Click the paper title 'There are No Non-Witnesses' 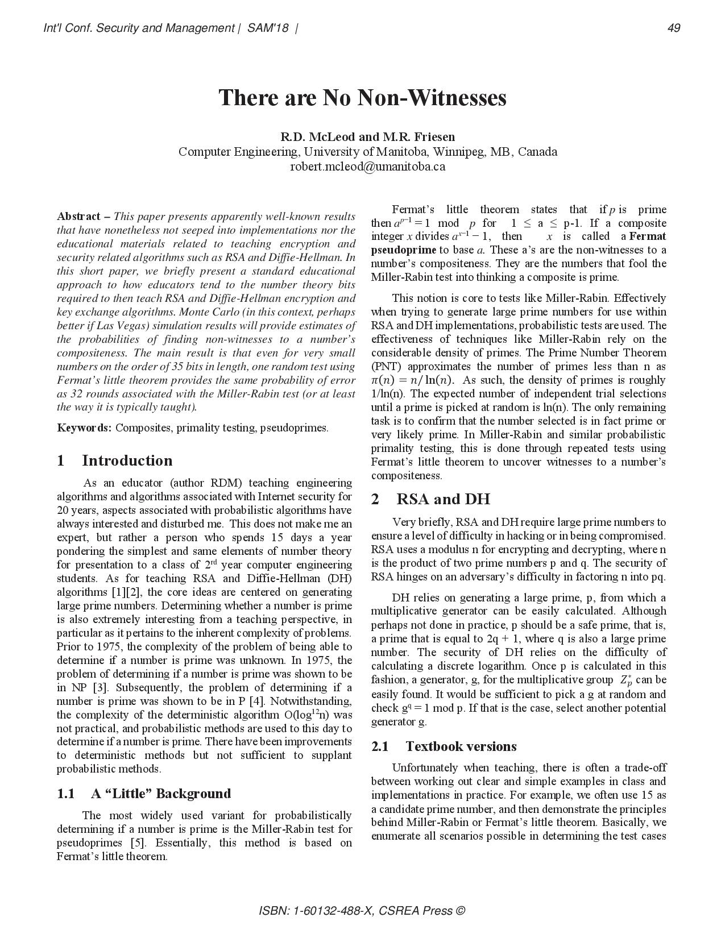(x=362, y=98)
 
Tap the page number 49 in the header (x=674, y=28)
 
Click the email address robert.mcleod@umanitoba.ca (x=367, y=167)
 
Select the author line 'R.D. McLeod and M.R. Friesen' (x=367, y=137)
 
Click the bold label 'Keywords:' (x=84, y=428)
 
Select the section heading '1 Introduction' (x=114, y=460)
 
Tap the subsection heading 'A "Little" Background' (x=160, y=794)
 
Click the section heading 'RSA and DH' (x=442, y=499)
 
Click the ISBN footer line (x=362, y=910)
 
